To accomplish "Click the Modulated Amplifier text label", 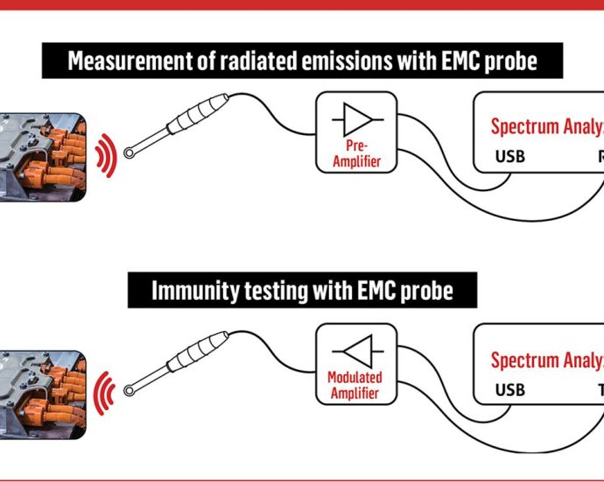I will [x=355, y=386].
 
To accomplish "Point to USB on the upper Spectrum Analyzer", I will [x=511, y=158].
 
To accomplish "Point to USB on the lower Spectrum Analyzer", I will [x=511, y=390].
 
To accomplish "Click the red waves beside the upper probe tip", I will [x=106, y=154].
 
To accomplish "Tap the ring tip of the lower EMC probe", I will [x=130, y=387].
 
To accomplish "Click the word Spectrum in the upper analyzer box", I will [x=523, y=126].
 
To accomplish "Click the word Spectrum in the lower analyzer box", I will [x=523, y=359].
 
